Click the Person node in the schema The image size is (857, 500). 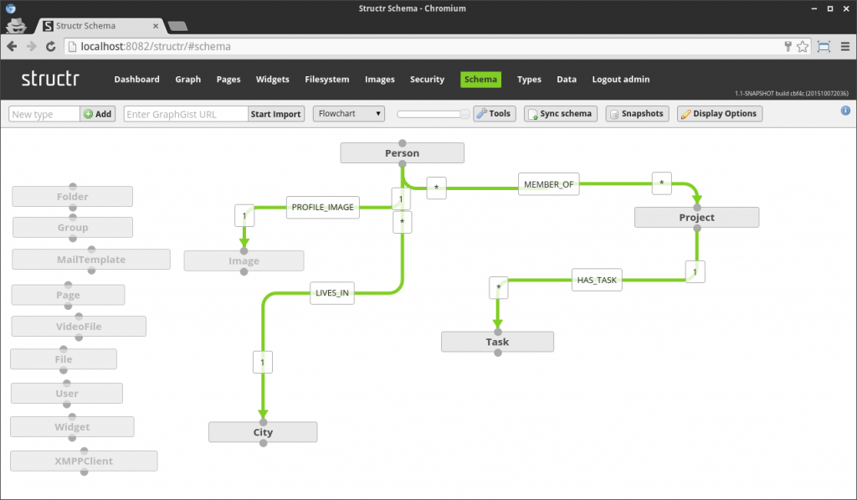(x=402, y=153)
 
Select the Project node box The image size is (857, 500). (x=696, y=218)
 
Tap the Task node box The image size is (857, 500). (x=497, y=342)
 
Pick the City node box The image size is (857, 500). (x=263, y=432)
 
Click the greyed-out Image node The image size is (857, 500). (x=244, y=261)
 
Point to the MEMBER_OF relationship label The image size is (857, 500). (x=549, y=184)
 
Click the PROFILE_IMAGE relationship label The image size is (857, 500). (x=323, y=207)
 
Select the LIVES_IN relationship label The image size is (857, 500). (x=332, y=293)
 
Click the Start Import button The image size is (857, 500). (x=275, y=114)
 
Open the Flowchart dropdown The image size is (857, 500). (x=348, y=113)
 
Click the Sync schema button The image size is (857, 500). (x=560, y=113)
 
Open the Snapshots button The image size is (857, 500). (x=637, y=113)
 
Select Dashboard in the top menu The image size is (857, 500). (x=136, y=80)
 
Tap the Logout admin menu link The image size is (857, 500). (x=620, y=80)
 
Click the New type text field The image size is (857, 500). (x=44, y=114)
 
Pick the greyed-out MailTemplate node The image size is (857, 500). (x=91, y=260)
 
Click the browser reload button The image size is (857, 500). (x=51, y=47)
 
